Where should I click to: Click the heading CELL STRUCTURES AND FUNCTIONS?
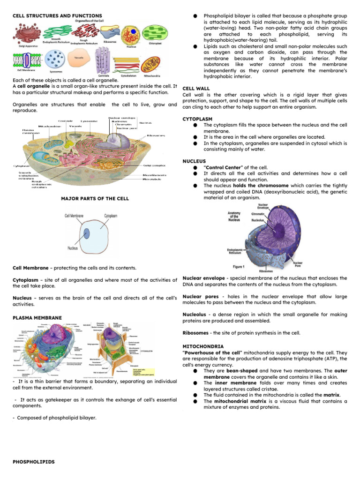56,16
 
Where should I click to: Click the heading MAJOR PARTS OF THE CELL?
95,198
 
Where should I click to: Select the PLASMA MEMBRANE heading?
37,318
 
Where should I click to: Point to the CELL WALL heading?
196,89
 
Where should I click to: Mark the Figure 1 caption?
239,267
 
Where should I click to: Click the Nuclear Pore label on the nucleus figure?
298,265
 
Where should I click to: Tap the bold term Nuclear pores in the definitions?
197,297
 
